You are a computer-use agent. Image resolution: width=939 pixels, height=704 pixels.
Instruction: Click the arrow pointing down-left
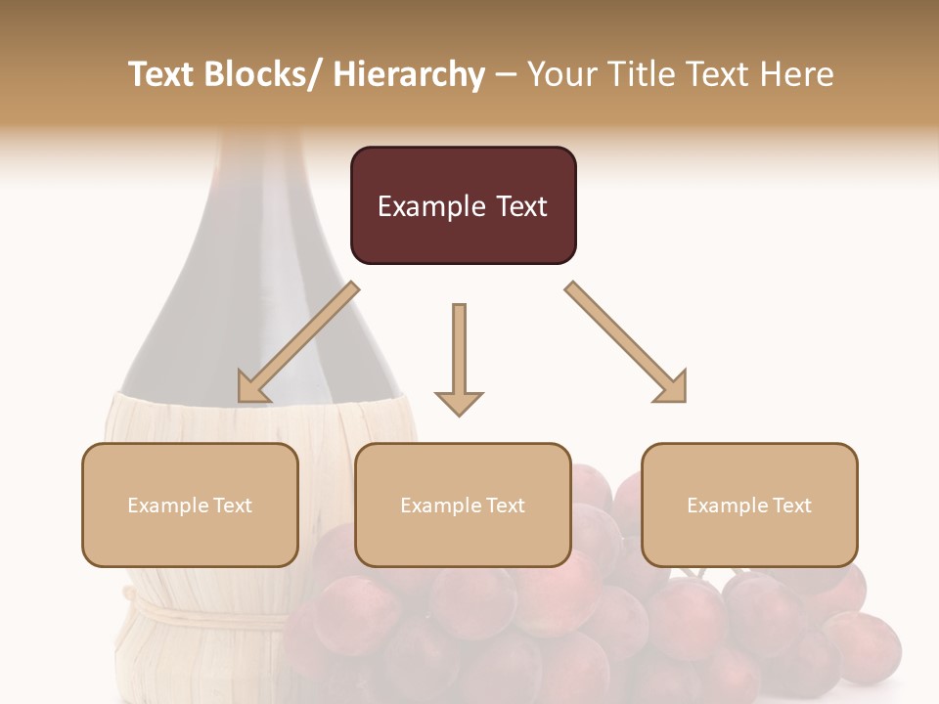tap(298, 342)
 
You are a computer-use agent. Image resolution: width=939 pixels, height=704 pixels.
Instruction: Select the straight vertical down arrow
tap(459, 357)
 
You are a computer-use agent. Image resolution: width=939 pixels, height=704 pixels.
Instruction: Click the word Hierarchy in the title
tap(408, 74)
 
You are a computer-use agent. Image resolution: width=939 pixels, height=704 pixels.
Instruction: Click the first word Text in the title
tap(163, 74)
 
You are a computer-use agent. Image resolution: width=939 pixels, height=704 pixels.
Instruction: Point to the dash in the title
tap(506, 75)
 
